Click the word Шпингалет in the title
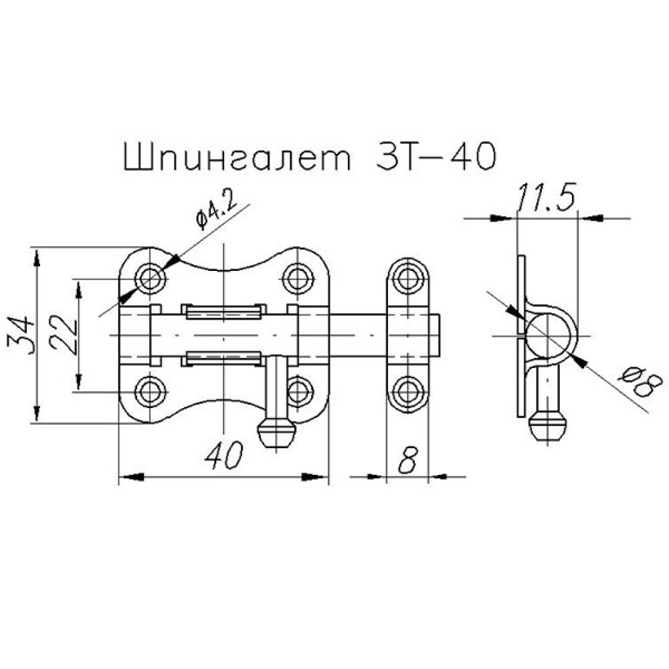click(237, 157)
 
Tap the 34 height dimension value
click(21, 334)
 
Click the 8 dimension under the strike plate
click(408, 461)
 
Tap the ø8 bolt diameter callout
click(641, 383)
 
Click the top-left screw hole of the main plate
click(150, 278)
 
